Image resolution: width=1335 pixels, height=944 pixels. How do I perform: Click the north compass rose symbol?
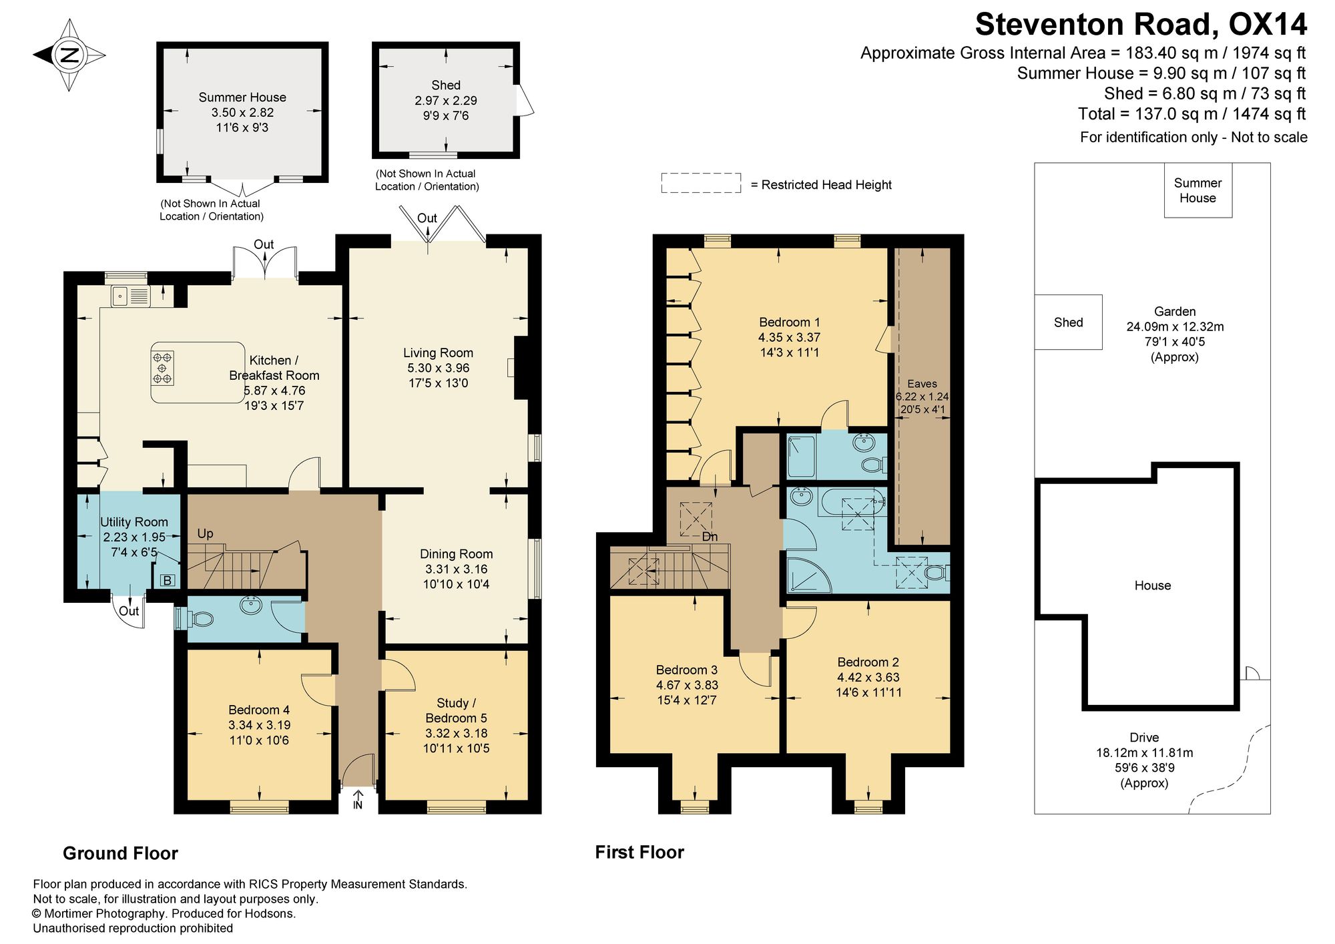[69, 55]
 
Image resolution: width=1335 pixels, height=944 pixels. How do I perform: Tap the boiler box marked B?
[168, 580]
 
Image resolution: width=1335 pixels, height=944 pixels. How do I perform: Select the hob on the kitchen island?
[162, 368]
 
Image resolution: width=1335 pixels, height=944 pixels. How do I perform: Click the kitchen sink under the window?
[131, 296]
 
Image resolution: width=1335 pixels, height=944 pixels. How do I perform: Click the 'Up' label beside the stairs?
[205, 533]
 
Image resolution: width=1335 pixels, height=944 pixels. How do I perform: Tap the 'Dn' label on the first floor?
[710, 537]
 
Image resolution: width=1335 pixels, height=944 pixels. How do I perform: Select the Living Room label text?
[438, 352]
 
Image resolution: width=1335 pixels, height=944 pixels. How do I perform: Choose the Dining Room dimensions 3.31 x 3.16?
[457, 569]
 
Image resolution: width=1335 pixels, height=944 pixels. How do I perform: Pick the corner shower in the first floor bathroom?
[808, 575]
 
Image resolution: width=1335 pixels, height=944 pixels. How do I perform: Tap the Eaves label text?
[922, 383]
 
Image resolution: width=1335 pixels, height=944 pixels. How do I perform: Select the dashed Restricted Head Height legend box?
[701, 183]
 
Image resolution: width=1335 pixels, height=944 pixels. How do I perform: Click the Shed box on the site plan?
[1068, 322]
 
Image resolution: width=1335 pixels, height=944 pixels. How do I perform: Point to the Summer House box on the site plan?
[1198, 190]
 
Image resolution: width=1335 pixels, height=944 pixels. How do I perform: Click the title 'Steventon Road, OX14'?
[1141, 25]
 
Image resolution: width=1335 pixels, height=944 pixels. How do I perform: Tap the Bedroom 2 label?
[868, 662]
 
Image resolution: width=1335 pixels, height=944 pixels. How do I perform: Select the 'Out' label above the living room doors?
[427, 218]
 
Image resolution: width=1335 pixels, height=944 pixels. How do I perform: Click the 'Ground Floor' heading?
[120, 853]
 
